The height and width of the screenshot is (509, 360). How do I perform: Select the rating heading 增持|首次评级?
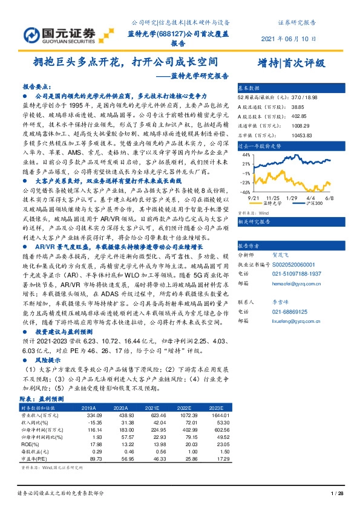291,62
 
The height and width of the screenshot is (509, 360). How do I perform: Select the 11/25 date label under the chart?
273,198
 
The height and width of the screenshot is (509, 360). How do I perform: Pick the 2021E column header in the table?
159,408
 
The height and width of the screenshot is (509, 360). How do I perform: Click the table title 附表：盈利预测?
42,400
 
